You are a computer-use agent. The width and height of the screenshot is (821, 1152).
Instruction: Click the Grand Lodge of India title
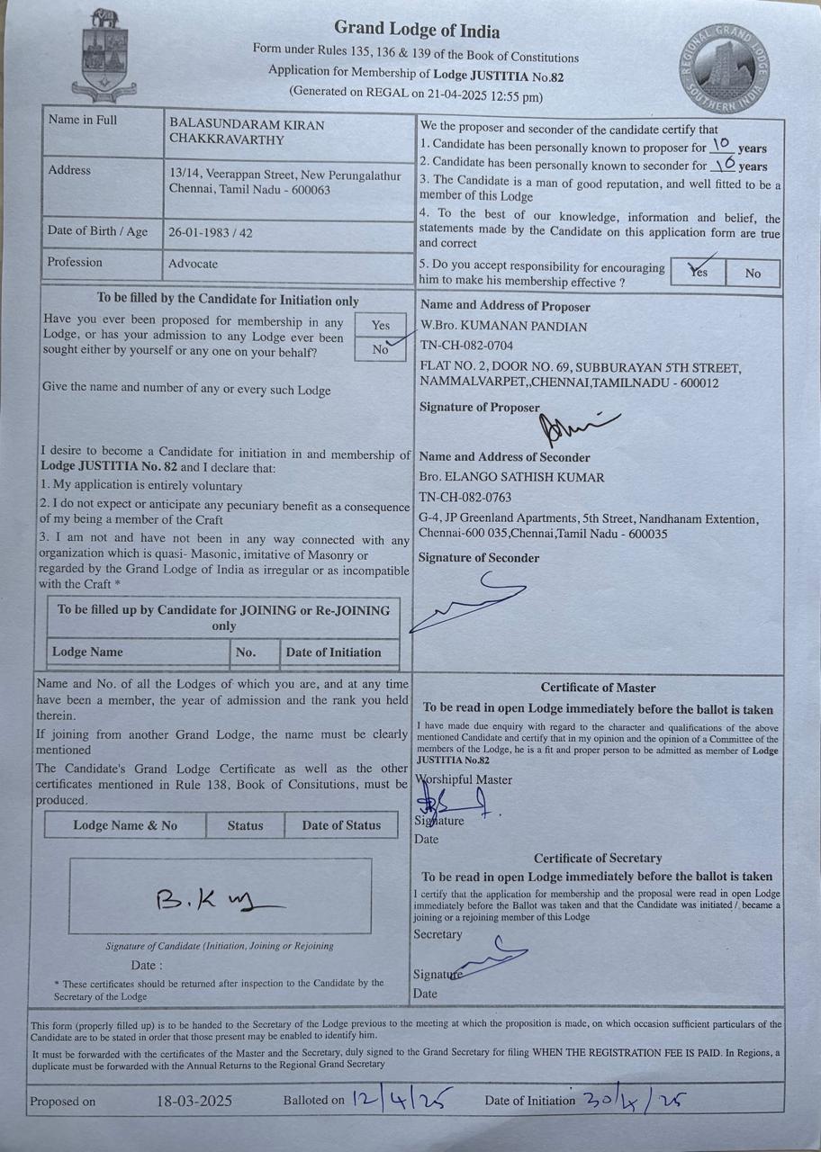pos(417,31)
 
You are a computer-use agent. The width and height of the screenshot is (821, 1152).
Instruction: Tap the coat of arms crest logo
pos(106,57)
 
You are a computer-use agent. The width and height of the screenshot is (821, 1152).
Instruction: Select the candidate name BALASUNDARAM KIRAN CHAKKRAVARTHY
pos(247,131)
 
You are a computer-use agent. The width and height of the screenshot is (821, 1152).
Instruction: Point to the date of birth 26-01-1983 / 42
pos(210,232)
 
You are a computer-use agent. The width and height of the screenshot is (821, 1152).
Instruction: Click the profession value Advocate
pos(193,265)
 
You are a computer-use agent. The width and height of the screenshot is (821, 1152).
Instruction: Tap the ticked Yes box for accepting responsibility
pos(698,273)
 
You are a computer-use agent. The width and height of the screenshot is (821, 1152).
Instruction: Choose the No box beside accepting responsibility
pos(753,274)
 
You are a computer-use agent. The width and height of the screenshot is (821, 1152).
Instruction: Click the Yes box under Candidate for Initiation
pos(381,326)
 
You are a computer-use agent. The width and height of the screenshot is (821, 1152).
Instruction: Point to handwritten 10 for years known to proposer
pos(721,146)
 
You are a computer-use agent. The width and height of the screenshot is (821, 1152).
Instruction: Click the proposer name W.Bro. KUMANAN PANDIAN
pos(503,326)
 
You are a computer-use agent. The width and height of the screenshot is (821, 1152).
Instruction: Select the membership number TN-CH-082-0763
pos(465,497)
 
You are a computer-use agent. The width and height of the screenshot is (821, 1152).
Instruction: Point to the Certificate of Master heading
pos(598,688)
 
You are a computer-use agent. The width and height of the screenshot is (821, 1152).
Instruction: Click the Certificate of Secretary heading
pos(598,859)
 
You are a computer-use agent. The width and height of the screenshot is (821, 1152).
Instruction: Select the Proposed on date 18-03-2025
pos(194,1101)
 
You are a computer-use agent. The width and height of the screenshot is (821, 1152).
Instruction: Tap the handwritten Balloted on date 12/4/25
pos(401,1099)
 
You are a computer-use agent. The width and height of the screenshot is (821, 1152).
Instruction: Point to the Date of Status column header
pos(341,825)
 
